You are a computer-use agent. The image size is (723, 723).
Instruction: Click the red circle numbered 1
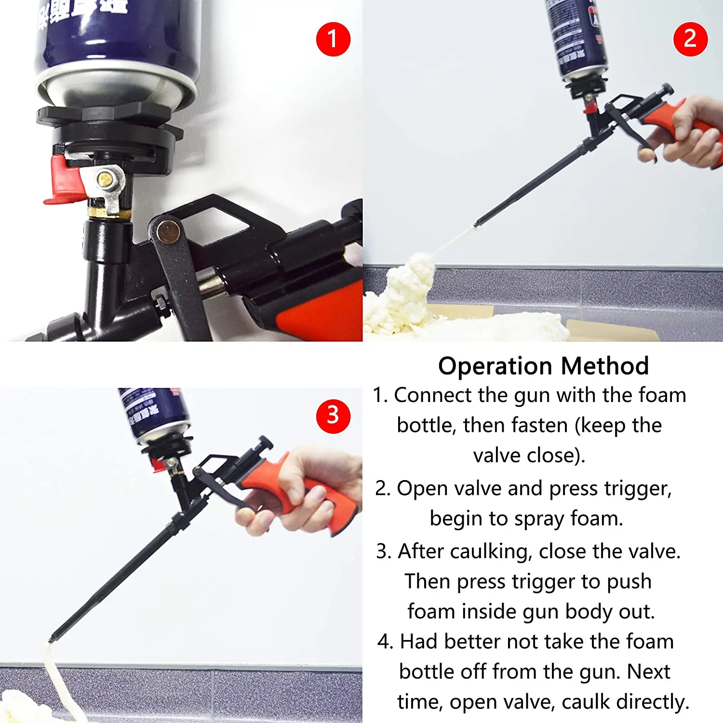(333, 39)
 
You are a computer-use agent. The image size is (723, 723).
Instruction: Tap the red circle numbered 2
(690, 39)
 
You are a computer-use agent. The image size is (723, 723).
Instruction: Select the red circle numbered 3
(333, 416)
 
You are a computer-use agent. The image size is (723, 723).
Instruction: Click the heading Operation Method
(543, 366)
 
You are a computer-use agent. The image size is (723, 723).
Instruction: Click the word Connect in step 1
(433, 395)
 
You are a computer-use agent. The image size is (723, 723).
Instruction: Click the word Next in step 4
(649, 672)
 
